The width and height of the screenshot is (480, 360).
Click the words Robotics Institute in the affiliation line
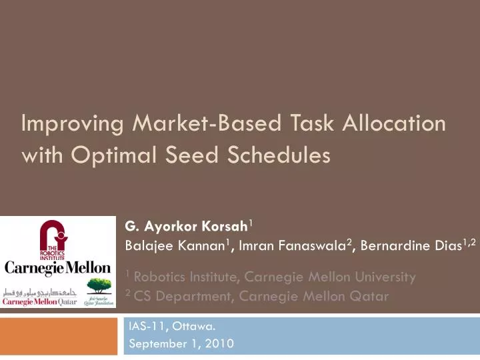[x=182, y=276]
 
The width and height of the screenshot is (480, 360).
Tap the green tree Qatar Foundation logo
[x=99, y=289]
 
